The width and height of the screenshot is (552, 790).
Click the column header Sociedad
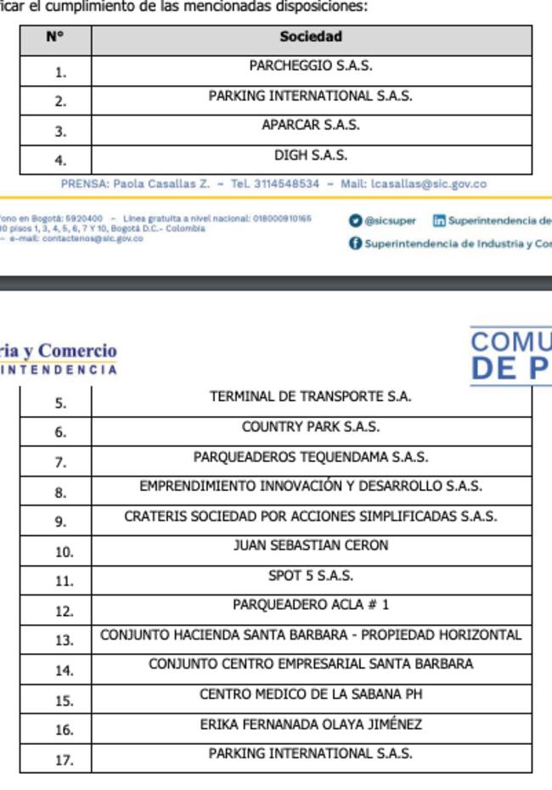point(311,37)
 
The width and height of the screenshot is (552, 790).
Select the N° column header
point(55,37)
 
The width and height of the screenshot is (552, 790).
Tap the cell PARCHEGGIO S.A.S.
point(311,65)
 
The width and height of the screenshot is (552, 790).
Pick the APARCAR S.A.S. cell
point(311,125)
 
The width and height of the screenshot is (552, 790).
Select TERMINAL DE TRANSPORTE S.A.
point(311,396)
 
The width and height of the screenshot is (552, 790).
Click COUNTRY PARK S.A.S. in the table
point(311,426)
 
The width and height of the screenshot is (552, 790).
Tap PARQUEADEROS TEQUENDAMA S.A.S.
point(311,457)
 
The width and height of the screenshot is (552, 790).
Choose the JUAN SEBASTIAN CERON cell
point(311,545)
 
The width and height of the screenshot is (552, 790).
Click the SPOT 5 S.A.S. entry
point(311,576)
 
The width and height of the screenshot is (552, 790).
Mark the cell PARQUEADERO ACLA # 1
point(311,605)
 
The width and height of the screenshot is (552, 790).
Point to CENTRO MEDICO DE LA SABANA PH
point(311,694)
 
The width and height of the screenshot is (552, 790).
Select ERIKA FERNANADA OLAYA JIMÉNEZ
point(311,725)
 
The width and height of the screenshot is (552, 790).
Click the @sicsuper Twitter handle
point(390,221)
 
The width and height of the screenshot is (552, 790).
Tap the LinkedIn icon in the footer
point(439,221)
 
